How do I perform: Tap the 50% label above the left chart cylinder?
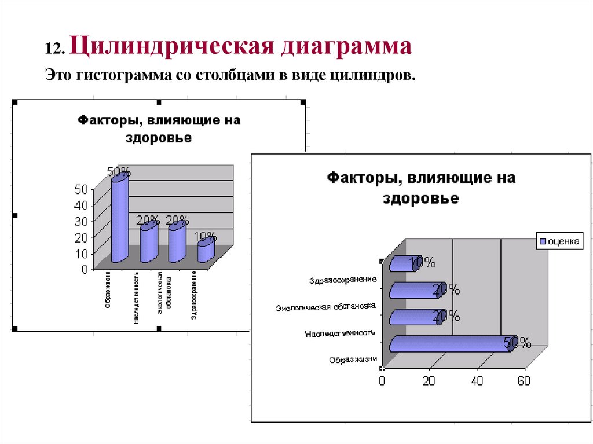[119, 172]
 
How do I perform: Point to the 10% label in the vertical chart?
[206, 236]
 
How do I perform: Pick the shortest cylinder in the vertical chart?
[206, 251]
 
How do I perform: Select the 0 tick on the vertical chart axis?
[85, 269]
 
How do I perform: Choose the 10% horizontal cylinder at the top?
[401, 263]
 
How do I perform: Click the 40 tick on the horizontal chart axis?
[477, 381]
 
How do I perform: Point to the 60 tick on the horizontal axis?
[524, 381]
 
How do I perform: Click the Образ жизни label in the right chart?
[353, 359]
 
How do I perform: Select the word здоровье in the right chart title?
[420, 199]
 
